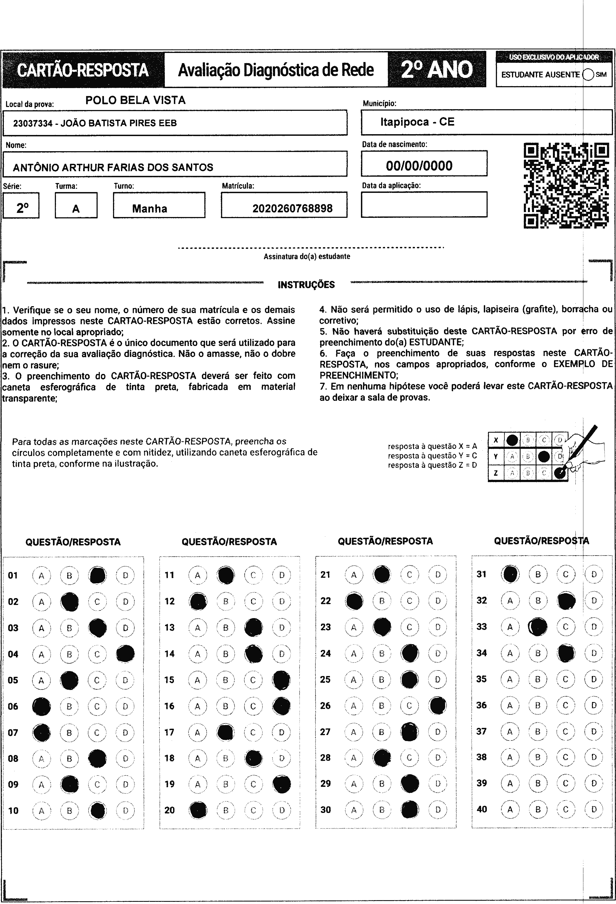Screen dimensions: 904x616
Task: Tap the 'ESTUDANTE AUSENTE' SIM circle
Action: point(588,74)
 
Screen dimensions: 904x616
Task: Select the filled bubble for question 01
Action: point(98,575)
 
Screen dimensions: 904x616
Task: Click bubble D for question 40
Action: point(594,809)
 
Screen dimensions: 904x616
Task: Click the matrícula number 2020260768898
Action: point(292,209)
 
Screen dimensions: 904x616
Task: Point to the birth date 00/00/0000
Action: point(419,166)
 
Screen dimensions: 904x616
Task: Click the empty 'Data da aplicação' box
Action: point(424,204)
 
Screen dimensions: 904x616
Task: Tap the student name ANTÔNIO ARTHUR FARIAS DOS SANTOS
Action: point(113,168)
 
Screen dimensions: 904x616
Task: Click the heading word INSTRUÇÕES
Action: point(306,285)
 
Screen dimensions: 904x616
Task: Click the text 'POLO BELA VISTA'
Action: point(135,100)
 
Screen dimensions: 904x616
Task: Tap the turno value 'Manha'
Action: point(150,209)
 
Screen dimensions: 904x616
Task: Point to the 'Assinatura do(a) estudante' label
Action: point(307,256)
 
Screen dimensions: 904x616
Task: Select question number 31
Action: point(481,574)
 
